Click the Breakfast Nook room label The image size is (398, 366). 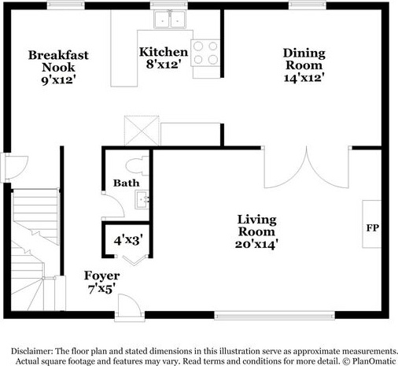(58, 68)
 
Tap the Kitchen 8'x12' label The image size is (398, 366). (164, 58)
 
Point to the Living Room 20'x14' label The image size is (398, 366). (256, 232)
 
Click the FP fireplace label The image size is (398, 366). (373, 227)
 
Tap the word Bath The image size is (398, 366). (126, 183)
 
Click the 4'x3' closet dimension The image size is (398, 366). (128, 240)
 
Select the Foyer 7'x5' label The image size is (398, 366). (101, 283)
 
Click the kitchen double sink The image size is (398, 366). (170, 20)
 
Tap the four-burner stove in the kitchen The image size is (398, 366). (205, 53)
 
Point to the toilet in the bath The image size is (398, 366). (137, 166)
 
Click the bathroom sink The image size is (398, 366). (142, 200)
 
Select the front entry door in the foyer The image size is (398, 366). (130, 307)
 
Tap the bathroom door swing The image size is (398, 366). (112, 206)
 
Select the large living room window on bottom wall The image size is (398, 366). (275, 315)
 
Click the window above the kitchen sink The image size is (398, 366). (169, 6)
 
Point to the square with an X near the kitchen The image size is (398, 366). (142, 131)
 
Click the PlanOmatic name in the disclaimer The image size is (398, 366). (374, 361)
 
